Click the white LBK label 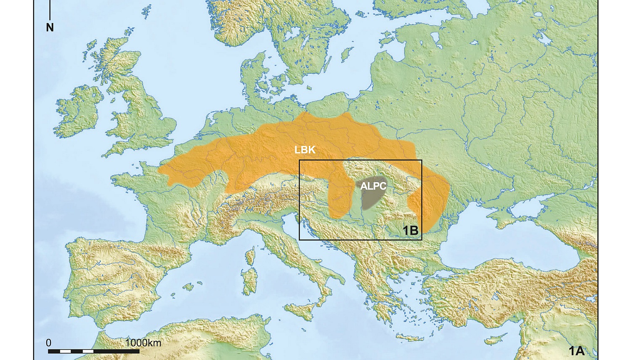[305, 150]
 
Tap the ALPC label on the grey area [373, 186]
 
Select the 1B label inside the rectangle [411, 230]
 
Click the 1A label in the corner [576, 351]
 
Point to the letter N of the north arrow [50, 28]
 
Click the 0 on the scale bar [49, 343]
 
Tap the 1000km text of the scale [143, 343]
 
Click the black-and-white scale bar [93, 351]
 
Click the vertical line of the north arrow [50, 11]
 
